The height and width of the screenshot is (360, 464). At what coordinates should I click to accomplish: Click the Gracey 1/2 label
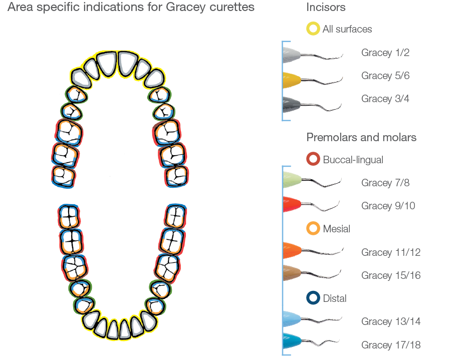pos(385,53)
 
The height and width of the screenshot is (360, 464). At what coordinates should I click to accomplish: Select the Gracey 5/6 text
pos(385,76)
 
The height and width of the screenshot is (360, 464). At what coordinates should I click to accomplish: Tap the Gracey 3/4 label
pos(385,99)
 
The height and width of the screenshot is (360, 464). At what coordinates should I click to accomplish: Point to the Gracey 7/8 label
pos(385,183)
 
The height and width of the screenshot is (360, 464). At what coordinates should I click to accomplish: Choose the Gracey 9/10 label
pos(388,206)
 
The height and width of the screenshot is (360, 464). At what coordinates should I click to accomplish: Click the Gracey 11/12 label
pos(390,252)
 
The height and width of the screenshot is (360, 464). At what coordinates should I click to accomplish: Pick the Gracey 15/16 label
pos(390,275)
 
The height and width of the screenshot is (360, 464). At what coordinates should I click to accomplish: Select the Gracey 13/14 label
pos(390,321)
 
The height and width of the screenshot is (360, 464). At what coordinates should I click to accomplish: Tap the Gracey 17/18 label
pos(390,345)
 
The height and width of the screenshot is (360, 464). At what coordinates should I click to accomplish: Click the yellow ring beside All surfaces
pos(313,29)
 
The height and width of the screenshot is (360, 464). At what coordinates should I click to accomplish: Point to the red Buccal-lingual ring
pos(313,160)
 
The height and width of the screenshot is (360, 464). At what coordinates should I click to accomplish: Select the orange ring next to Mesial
pos(313,229)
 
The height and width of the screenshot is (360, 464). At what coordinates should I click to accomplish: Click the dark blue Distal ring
pos(313,298)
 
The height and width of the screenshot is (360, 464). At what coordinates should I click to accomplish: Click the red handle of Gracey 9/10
pos(291,203)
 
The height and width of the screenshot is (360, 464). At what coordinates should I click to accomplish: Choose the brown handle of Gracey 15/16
pos(291,273)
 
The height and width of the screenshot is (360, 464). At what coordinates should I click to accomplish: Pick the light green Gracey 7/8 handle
pos(291,180)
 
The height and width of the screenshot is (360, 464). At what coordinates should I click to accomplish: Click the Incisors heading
pos(326,8)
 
